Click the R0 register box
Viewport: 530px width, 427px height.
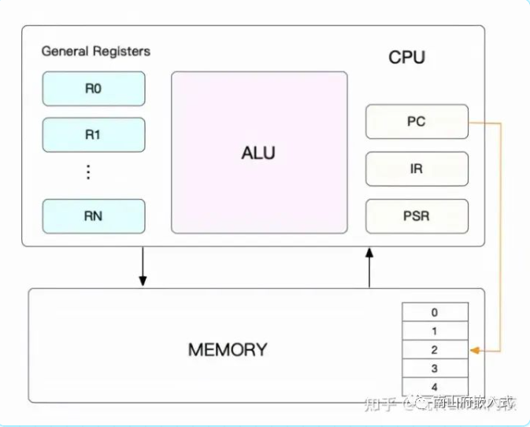click(94, 89)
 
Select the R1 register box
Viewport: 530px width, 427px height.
click(94, 134)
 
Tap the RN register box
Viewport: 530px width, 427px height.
click(94, 216)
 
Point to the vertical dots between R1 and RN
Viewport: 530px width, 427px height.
click(88, 172)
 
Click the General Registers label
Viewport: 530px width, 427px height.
click(95, 52)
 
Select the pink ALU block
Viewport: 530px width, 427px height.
click(259, 153)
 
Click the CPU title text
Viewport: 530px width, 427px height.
click(406, 58)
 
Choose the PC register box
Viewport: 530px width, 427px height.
click(417, 122)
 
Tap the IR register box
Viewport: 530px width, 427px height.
click(417, 168)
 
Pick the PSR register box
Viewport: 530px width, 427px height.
click(417, 215)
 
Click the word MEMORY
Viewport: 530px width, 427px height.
click(228, 349)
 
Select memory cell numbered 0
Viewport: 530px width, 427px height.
click(435, 312)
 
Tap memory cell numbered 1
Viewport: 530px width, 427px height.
click(435, 331)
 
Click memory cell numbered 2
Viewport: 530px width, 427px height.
click(435, 350)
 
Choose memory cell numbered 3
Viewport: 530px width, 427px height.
click(435, 368)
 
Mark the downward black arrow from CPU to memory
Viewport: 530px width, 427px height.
click(143, 267)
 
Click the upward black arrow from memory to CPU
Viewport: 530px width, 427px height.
click(369, 267)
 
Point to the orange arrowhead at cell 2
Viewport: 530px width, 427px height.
click(474, 350)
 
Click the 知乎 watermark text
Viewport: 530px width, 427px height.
click(380, 403)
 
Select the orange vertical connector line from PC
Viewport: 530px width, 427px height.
click(501, 236)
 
